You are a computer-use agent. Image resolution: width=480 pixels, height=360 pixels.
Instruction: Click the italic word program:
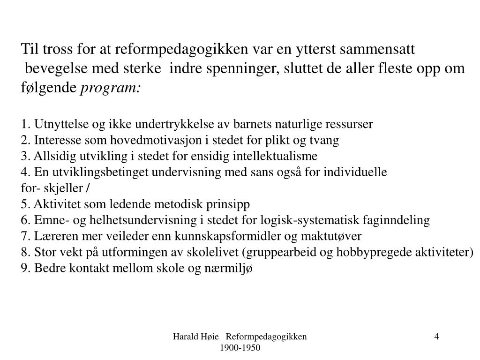point(111,88)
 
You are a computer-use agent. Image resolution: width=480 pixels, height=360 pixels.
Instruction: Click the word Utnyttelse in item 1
point(59,124)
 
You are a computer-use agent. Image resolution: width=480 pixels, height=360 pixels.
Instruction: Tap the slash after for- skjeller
point(89,188)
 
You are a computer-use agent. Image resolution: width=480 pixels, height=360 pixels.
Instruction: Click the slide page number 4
point(436,336)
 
